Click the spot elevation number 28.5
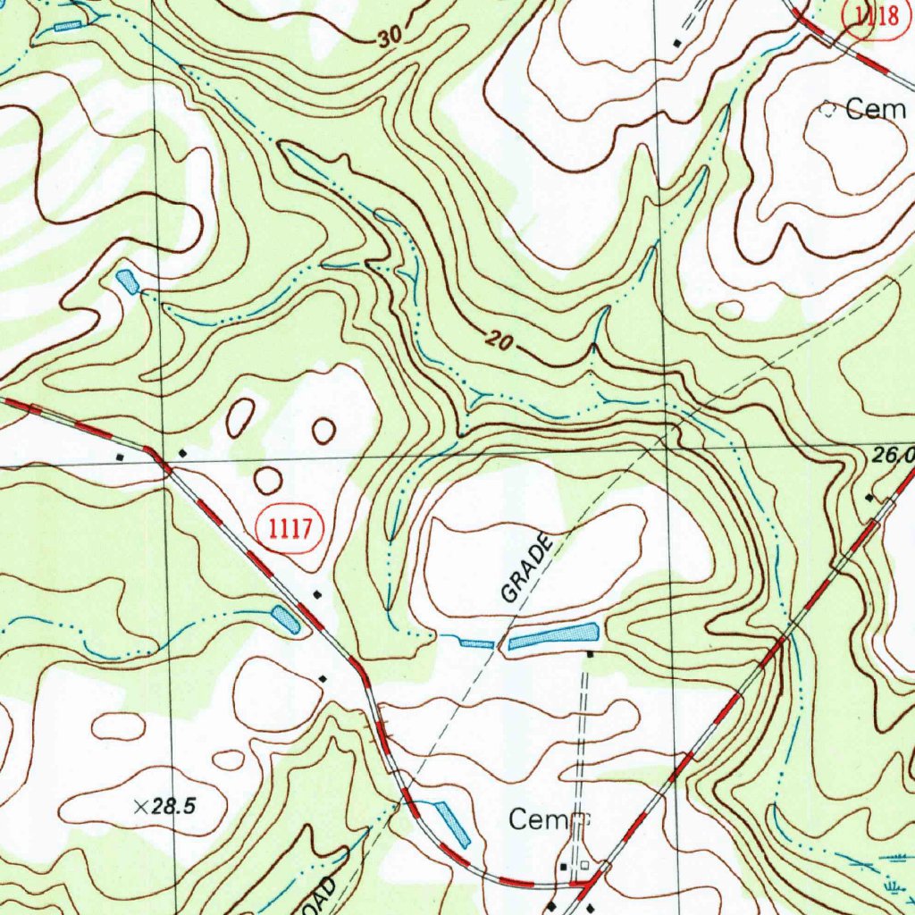click(x=173, y=807)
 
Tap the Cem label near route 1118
click(x=876, y=110)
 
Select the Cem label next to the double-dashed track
click(x=537, y=818)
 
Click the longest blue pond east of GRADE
click(x=554, y=636)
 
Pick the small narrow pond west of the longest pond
click(x=476, y=642)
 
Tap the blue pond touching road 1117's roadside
click(x=286, y=619)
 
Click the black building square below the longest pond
click(x=590, y=655)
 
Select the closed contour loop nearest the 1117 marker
click(x=267, y=480)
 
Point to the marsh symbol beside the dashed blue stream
click(x=890, y=885)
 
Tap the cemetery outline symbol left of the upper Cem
click(x=828, y=110)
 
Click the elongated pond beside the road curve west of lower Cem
click(x=452, y=823)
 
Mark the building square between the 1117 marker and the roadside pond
click(x=316, y=593)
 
